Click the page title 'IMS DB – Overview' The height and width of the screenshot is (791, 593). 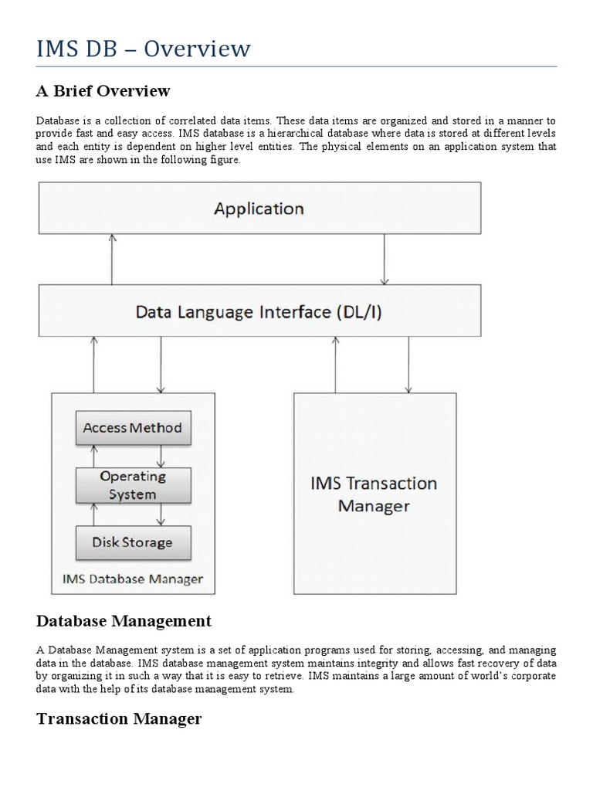pyautogui.click(x=143, y=49)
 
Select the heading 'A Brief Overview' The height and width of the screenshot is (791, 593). pyautogui.click(x=103, y=91)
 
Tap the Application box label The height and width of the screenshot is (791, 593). pyautogui.click(x=259, y=208)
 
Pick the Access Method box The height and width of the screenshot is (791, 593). pyautogui.click(x=133, y=428)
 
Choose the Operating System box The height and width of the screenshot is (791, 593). pyautogui.click(x=133, y=485)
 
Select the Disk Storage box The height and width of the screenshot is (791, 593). pyautogui.click(x=133, y=541)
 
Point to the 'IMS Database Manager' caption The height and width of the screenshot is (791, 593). pyautogui.click(x=133, y=578)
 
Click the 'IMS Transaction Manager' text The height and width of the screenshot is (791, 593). pyautogui.click(x=374, y=494)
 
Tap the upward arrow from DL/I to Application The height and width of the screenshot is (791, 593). pyautogui.click(x=113, y=259)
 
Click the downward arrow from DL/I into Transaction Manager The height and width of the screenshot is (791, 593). pyautogui.click(x=408, y=363)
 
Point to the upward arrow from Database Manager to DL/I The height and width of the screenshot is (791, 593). pyautogui.click(x=93, y=363)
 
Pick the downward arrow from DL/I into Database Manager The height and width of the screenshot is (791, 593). pyautogui.click(x=161, y=363)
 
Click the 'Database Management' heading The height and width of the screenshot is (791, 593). pyautogui.click(x=124, y=620)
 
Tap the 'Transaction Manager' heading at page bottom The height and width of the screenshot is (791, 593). pyautogui.click(x=119, y=718)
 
